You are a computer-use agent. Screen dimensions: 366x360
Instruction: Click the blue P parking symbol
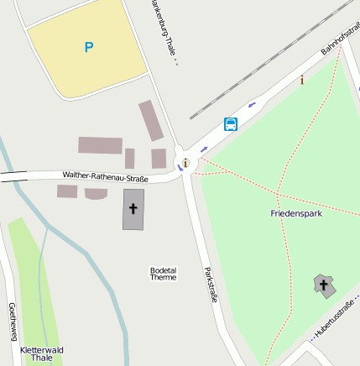click(x=89, y=48)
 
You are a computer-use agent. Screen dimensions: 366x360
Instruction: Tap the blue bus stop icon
click(x=231, y=124)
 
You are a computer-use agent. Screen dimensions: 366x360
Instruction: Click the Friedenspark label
click(x=296, y=213)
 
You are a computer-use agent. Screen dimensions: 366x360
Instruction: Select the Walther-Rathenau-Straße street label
click(x=105, y=176)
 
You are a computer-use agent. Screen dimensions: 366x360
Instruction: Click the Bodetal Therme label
click(x=163, y=274)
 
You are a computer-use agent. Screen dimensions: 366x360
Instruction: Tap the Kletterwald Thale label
click(x=42, y=353)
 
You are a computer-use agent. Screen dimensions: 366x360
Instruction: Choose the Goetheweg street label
click(x=13, y=322)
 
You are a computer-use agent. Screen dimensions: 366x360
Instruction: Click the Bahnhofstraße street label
click(x=340, y=37)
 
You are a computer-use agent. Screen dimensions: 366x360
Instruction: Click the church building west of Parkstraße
click(x=133, y=209)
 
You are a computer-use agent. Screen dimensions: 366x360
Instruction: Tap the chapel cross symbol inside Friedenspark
click(x=323, y=285)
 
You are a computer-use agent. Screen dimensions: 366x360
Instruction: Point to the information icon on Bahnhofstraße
click(x=302, y=80)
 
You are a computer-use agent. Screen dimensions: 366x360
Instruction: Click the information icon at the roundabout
click(x=185, y=162)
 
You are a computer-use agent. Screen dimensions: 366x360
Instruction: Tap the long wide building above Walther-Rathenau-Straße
click(x=101, y=145)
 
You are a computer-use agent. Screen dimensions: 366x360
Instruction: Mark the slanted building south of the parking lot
click(x=152, y=120)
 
